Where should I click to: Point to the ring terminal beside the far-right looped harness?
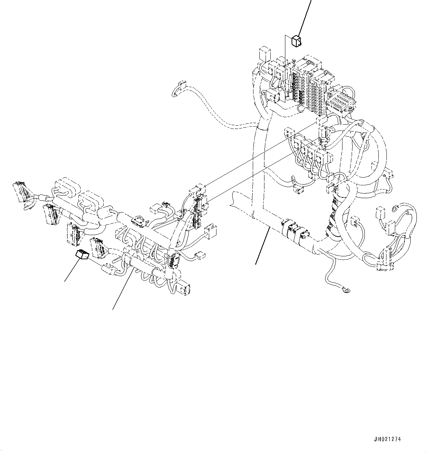coord(395,209)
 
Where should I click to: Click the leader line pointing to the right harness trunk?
coord(263,245)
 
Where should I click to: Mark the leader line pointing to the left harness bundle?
coord(122,289)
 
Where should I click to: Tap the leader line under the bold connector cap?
coord(71,272)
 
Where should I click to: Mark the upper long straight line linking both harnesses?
coord(260,154)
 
